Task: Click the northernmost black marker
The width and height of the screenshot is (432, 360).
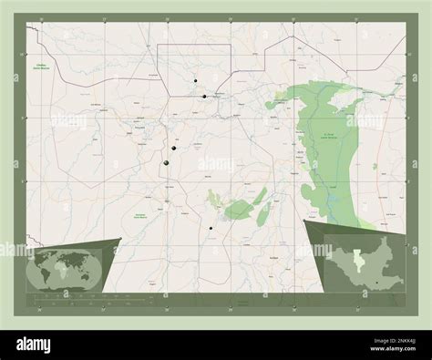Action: click(x=195, y=81)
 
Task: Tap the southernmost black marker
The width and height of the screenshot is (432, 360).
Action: click(x=211, y=228)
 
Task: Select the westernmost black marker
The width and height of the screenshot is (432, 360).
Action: click(x=167, y=163)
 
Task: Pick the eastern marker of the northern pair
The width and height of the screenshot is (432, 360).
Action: click(x=205, y=96)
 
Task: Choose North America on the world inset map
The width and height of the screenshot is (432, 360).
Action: click(x=43, y=262)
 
